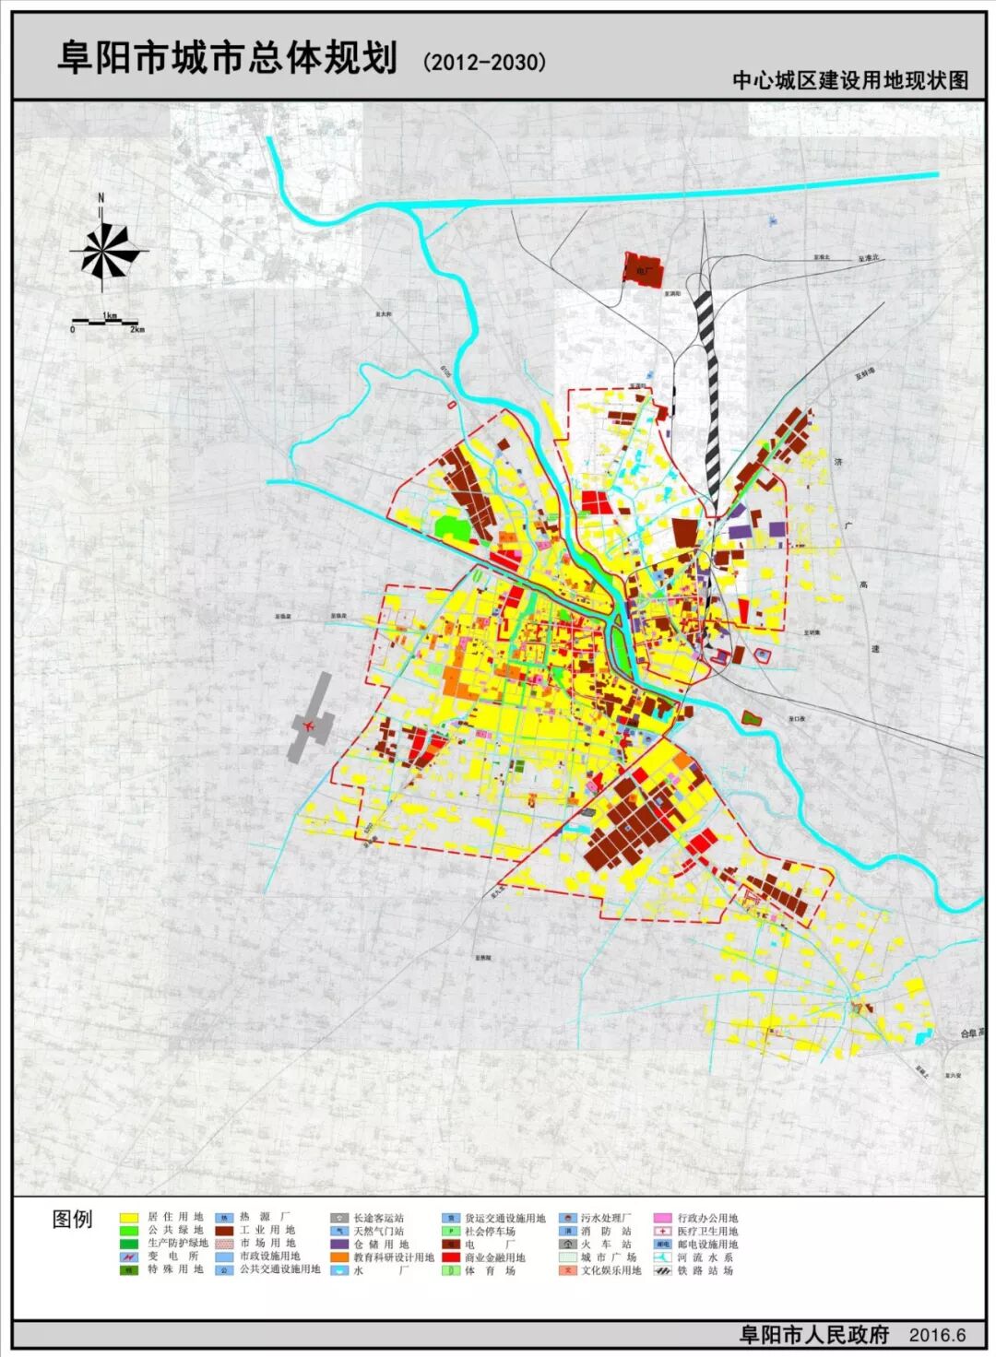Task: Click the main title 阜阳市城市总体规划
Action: point(227,57)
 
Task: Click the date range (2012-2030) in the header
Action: point(485,62)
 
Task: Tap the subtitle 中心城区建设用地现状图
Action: point(850,80)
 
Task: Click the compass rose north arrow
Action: point(108,249)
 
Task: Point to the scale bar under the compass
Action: point(106,322)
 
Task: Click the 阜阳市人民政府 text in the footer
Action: point(814,1334)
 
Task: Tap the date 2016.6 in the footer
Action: point(937,1335)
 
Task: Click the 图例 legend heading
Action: point(72,1220)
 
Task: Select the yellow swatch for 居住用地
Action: point(129,1218)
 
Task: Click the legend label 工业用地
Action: point(267,1231)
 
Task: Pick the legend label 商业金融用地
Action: point(495,1257)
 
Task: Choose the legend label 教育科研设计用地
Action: point(394,1257)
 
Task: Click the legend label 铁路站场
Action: point(707,1270)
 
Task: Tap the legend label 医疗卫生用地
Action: point(707,1231)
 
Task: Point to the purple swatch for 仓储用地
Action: point(339,1245)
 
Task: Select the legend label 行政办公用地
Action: point(707,1218)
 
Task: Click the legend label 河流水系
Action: point(707,1257)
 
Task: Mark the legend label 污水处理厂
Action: point(606,1218)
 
